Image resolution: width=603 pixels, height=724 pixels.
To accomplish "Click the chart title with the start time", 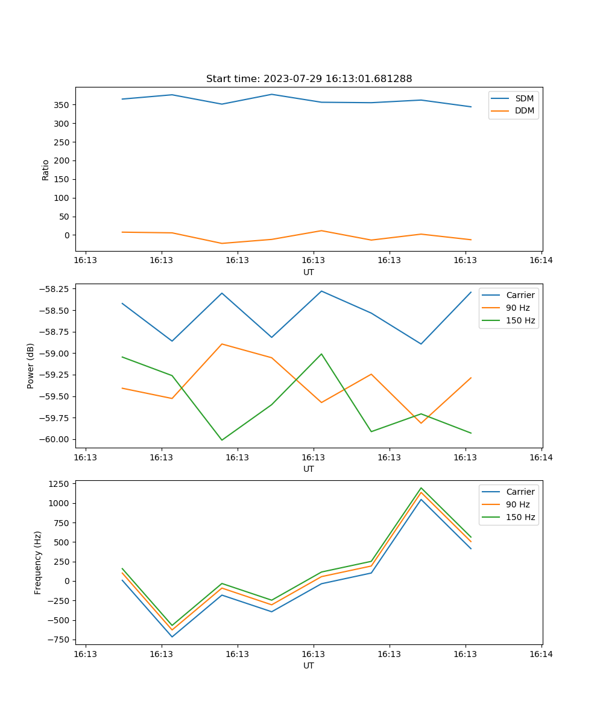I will (x=309, y=79).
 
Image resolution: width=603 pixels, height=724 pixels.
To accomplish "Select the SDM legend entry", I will (x=524, y=98).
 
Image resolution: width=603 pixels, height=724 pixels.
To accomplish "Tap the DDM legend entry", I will (x=524, y=110).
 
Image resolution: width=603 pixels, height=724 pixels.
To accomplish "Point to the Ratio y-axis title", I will (x=46, y=170).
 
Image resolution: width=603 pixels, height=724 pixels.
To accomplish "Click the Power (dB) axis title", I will (x=31, y=366).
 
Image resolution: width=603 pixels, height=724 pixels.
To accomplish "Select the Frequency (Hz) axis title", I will (x=38, y=562).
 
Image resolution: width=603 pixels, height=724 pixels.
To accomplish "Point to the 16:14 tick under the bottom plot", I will (x=541, y=653).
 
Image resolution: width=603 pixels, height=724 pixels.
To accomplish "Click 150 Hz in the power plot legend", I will (x=520, y=320).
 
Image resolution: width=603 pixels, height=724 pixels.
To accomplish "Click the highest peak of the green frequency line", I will (x=421, y=488).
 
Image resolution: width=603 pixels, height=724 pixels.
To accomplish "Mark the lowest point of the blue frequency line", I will (x=172, y=637).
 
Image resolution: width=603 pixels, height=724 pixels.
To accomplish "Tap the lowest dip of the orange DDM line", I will (x=222, y=243).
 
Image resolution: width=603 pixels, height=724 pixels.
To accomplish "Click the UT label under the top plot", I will (x=309, y=272).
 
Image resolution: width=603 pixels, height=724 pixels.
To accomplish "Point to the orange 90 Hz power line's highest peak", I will (x=222, y=344).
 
